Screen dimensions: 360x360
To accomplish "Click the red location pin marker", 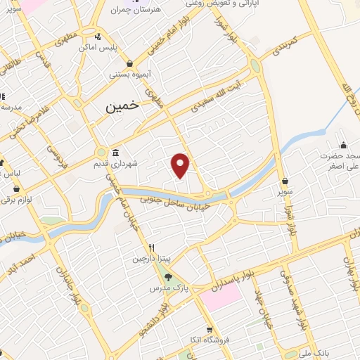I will point(181,164).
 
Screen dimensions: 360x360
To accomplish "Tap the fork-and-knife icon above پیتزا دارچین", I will point(150,248).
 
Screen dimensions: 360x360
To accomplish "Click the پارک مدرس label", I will point(162,289).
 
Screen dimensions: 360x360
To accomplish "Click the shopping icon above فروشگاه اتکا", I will point(209,330).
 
